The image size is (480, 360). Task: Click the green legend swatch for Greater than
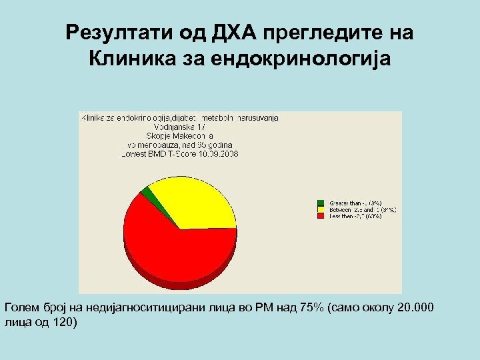[321, 202]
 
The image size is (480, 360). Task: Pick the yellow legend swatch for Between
[321, 209]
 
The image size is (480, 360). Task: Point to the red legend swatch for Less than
[321, 216]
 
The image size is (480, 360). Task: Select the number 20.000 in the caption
[416, 307]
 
